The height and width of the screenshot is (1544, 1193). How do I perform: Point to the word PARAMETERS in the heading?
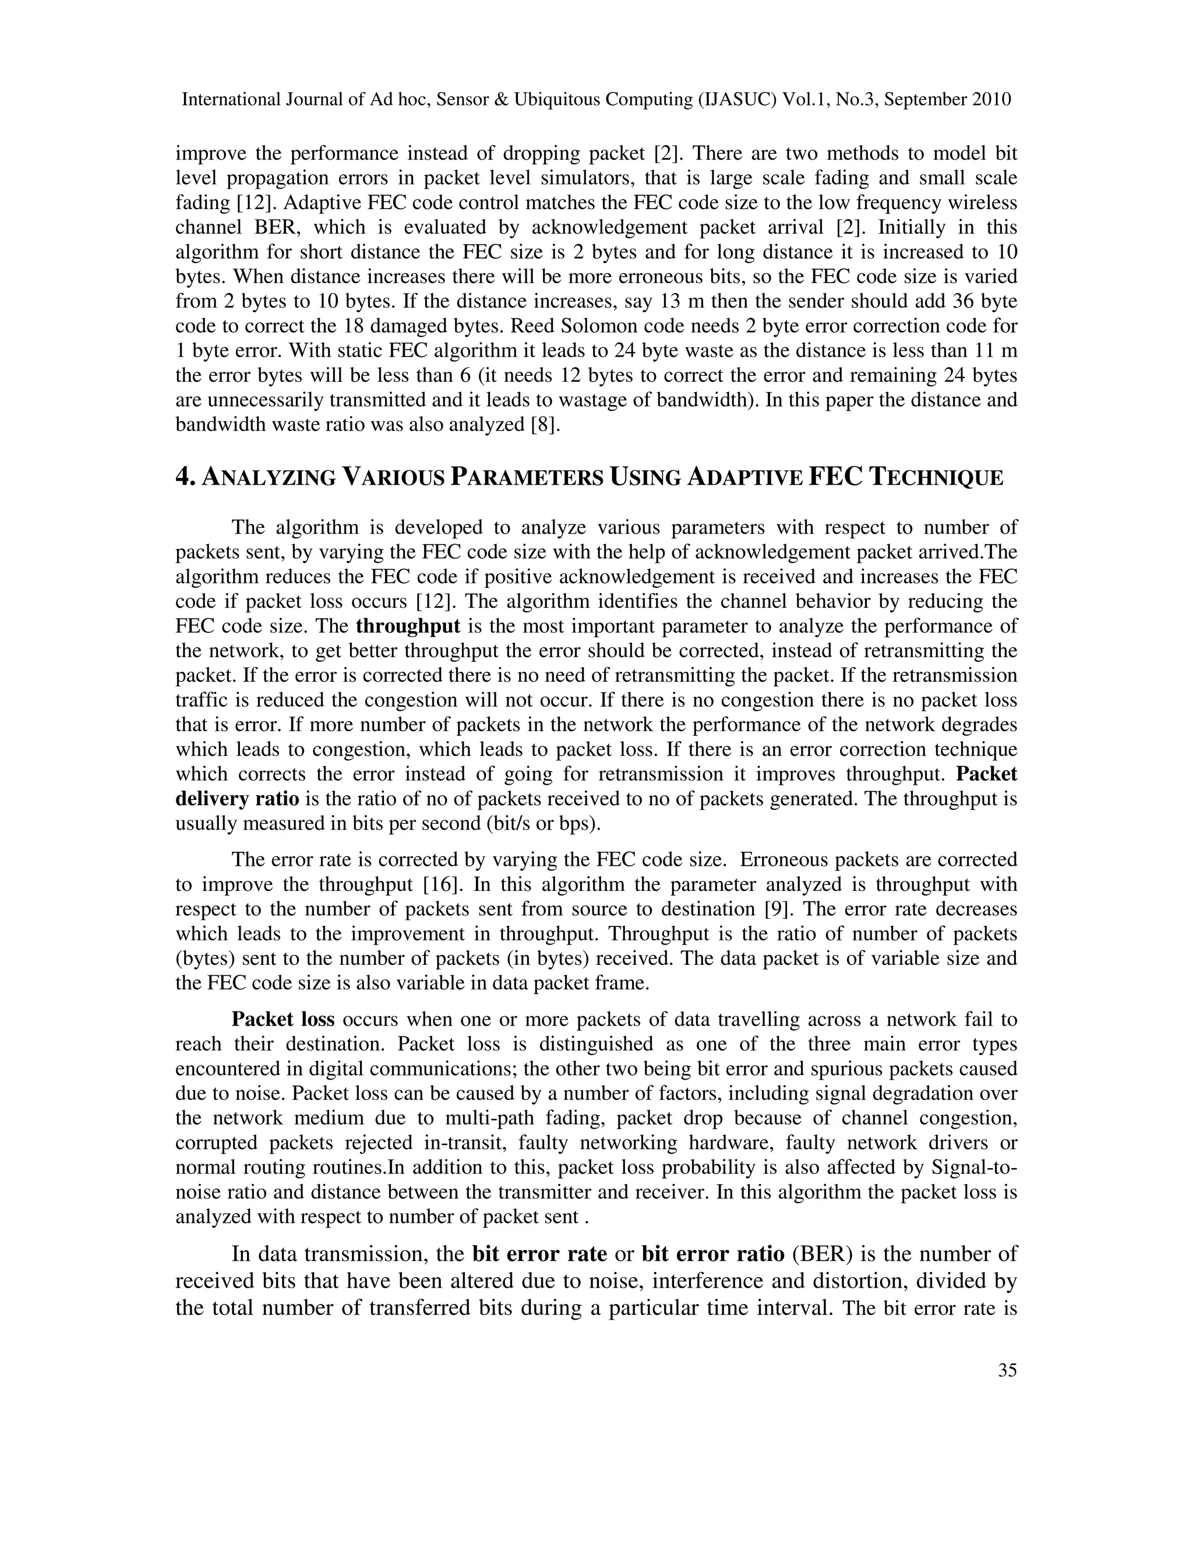pyautogui.click(x=527, y=478)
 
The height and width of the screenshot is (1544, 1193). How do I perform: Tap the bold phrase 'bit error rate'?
pyautogui.click(x=539, y=1254)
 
